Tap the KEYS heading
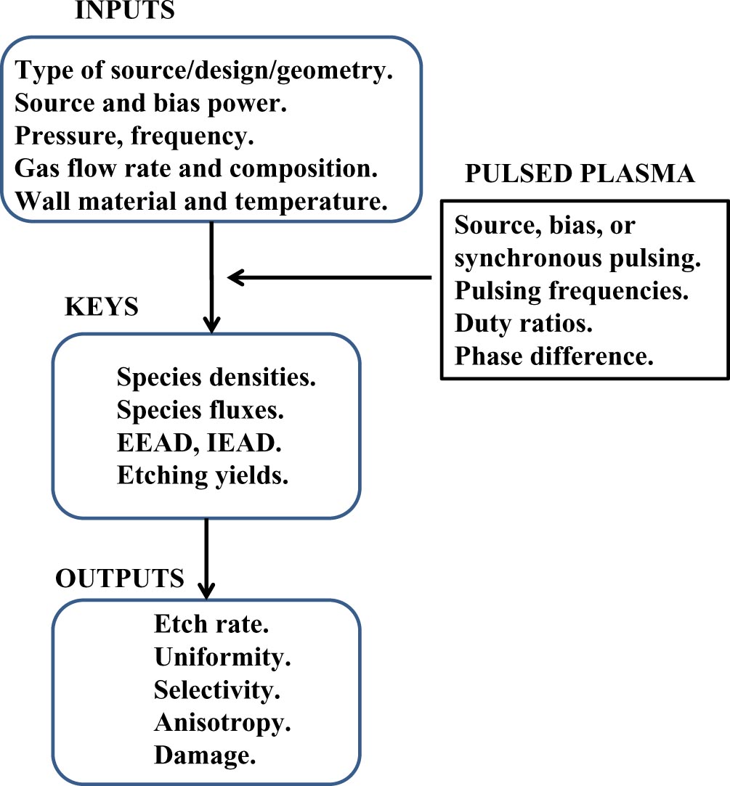[x=102, y=306]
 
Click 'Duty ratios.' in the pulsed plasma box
[x=524, y=324]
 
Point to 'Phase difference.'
[x=554, y=356]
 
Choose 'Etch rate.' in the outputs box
[x=206, y=626]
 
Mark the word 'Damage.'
[x=206, y=755]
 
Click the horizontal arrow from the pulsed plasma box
[x=330, y=277]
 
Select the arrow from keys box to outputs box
[x=208, y=556]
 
